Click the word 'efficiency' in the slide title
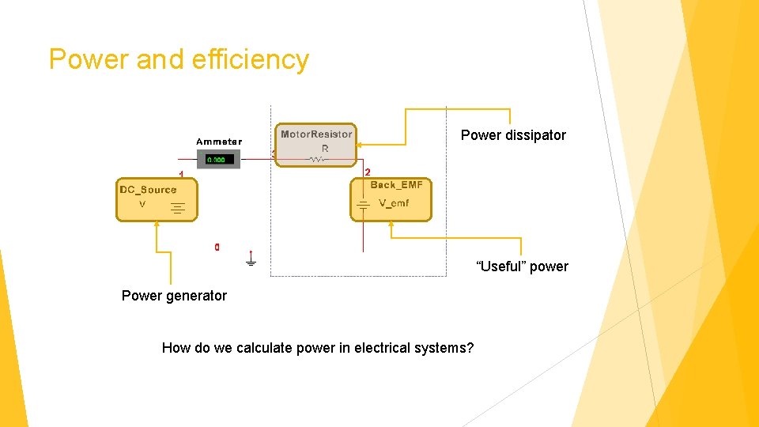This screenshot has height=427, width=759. (x=253, y=60)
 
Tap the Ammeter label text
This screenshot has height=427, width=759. (x=219, y=142)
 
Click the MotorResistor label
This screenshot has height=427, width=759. (x=316, y=134)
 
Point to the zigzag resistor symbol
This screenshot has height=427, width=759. (x=317, y=159)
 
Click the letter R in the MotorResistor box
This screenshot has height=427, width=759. (x=324, y=149)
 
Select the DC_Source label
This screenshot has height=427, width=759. (x=148, y=190)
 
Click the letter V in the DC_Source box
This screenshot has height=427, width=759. (x=142, y=204)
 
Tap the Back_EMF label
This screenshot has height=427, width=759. (x=397, y=185)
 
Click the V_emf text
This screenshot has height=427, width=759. (x=394, y=204)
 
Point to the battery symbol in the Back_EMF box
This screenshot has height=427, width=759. (x=363, y=206)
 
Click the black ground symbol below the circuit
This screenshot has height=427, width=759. (x=251, y=259)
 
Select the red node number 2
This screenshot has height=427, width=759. (x=368, y=172)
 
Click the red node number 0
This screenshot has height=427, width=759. (x=217, y=248)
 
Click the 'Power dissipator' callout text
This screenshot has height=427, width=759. (x=513, y=135)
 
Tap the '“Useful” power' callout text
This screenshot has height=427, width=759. (x=522, y=266)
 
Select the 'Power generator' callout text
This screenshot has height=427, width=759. (x=174, y=296)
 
